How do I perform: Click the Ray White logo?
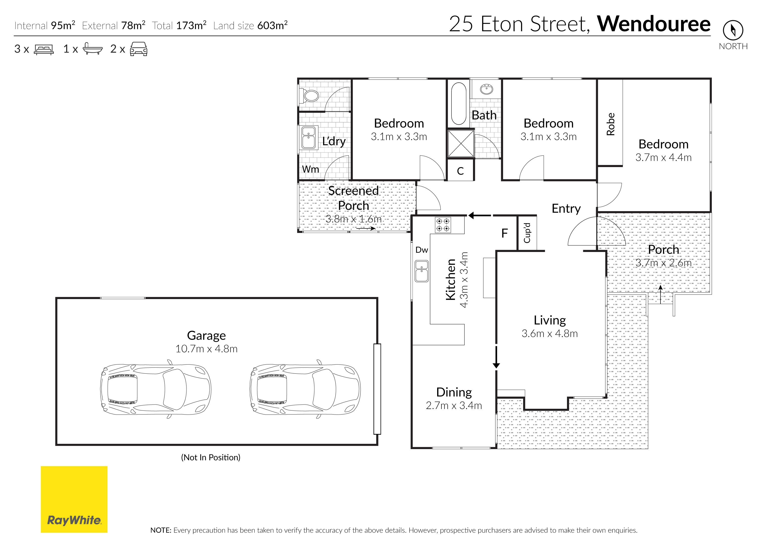tap(74, 499)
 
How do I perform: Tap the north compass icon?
tap(733, 30)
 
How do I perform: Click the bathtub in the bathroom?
tap(459, 103)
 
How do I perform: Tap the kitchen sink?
tap(422, 271)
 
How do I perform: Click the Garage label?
tap(207, 336)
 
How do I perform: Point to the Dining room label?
tap(454, 392)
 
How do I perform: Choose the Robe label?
tap(611, 124)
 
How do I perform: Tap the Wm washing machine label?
tap(310, 169)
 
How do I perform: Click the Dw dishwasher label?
tap(422, 250)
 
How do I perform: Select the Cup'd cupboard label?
tap(527, 233)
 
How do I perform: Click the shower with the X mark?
tap(461, 143)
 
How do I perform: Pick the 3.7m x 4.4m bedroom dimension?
tap(663, 157)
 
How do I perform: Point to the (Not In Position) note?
tap(211, 458)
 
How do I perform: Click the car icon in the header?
tap(139, 49)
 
